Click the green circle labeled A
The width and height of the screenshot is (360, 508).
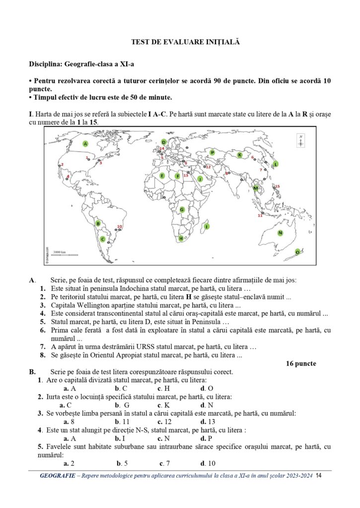tap(85, 144)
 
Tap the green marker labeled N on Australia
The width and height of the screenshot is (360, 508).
tap(280, 233)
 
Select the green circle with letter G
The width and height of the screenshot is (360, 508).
tap(182, 210)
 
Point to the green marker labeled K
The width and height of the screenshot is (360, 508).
tap(239, 155)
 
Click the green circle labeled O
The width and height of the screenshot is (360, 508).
tap(297, 252)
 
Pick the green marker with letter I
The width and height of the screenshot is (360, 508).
tap(207, 227)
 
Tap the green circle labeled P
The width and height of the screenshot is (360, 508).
tap(212, 152)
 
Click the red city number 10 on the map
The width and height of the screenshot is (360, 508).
tap(119, 226)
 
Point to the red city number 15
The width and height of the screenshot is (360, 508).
tap(278, 186)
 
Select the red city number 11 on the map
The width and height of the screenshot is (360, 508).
tap(260, 216)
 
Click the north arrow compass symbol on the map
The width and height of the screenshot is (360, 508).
tap(301, 141)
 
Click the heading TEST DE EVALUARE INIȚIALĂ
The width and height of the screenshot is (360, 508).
tap(185, 43)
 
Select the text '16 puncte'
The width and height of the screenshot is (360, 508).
tap(301, 364)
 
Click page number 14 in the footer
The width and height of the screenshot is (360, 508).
tap(318, 475)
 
